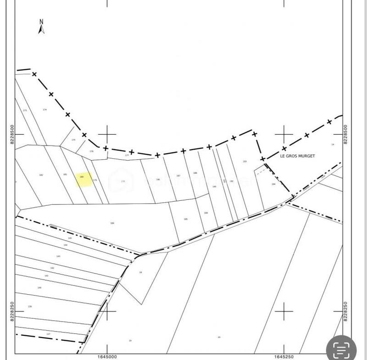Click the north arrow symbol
point(41,27)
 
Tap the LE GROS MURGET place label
point(297,156)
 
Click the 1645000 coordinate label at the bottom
point(107,356)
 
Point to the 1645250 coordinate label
point(284,356)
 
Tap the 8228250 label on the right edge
point(345,312)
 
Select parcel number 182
point(41,175)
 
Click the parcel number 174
point(44,109)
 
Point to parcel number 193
point(245,161)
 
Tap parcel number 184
point(112,223)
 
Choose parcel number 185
point(186,219)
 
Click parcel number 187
point(178,176)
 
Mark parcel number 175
point(73,140)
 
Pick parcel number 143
point(58,256)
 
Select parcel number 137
point(48,334)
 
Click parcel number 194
point(273,184)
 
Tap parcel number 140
point(39,287)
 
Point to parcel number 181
point(65,174)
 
